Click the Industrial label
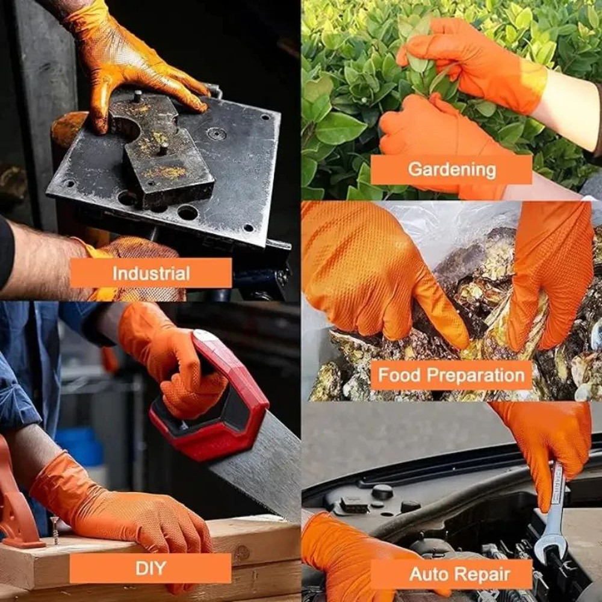(150, 273)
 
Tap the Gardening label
(451, 169)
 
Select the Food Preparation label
(451, 375)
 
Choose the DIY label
(150, 568)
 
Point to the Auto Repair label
(451, 574)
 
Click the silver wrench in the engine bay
(551, 518)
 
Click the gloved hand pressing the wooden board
(120, 512)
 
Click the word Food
(398, 376)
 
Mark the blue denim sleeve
(24, 373)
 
